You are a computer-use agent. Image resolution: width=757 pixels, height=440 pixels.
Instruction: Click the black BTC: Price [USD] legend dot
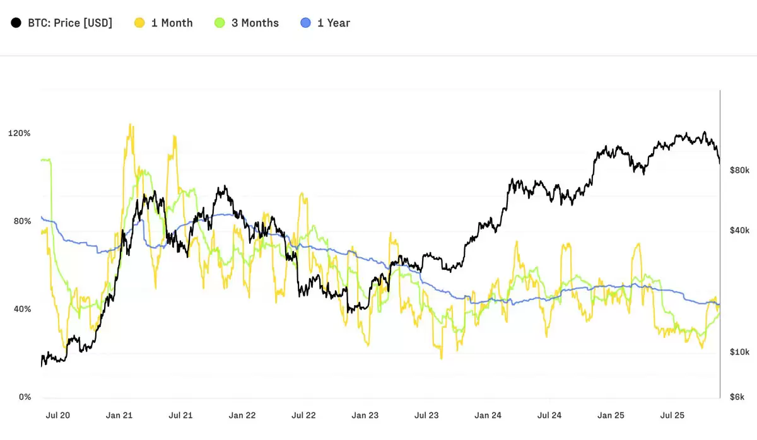[x=16, y=23]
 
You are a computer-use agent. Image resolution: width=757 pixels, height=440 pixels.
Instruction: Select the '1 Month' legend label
[x=172, y=23]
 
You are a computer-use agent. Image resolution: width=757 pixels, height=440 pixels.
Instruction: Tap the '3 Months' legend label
[x=254, y=23]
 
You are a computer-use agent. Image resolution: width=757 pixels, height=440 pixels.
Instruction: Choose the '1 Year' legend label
[x=333, y=23]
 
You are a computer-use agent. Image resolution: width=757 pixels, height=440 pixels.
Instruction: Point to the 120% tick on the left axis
[x=18, y=134]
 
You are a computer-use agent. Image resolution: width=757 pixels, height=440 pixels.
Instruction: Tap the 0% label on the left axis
[x=24, y=397]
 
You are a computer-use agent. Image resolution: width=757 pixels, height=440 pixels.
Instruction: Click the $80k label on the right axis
[x=739, y=170]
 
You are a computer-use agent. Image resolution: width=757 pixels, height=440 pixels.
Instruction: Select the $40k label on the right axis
[x=739, y=231]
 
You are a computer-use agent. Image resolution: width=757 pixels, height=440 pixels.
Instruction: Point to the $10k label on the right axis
[x=739, y=351]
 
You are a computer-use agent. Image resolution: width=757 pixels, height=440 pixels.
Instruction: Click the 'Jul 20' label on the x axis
[x=57, y=416]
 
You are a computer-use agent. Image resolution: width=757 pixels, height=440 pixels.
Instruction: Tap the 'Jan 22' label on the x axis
[x=242, y=416]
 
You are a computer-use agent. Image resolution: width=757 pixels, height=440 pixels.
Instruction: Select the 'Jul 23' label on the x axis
[x=426, y=416]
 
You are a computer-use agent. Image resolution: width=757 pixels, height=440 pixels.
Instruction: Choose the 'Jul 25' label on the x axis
[x=672, y=416]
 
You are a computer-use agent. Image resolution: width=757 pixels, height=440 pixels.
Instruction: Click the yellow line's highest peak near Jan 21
[x=131, y=125]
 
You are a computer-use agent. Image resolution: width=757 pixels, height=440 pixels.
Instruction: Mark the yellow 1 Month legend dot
[x=139, y=23]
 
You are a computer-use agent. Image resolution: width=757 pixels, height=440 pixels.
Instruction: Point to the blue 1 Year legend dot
[x=306, y=23]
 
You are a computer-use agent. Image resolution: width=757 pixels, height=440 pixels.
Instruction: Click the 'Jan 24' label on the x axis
[x=488, y=416]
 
